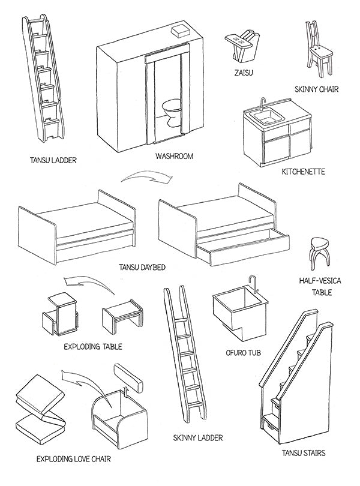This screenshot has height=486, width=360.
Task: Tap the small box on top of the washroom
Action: click(180, 30)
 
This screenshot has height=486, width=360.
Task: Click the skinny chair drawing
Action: click(316, 51)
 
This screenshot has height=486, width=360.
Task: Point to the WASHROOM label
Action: click(174, 156)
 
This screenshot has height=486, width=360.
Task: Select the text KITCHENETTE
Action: click(303, 172)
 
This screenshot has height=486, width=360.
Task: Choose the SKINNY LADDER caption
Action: click(197, 438)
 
